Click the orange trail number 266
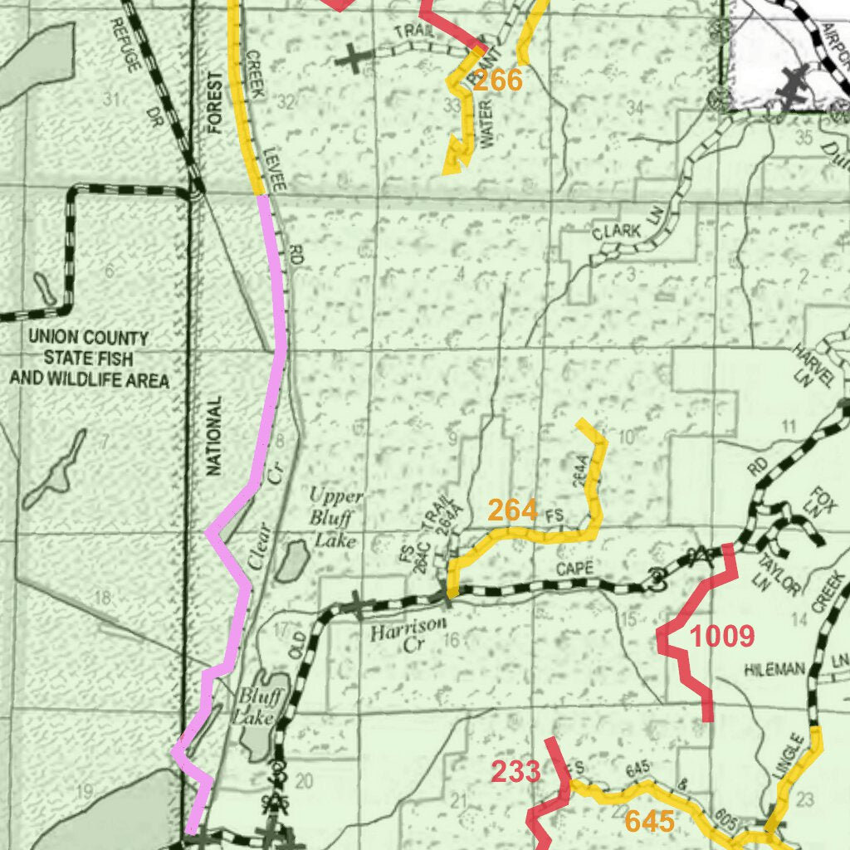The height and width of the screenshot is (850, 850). tap(498, 81)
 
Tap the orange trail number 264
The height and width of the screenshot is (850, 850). tap(512, 510)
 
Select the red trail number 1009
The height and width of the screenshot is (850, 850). tap(722, 637)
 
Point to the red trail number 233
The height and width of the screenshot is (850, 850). tap(515, 772)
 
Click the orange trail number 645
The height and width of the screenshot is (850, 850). tap(649, 822)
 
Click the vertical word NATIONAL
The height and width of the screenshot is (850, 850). tap(215, 435)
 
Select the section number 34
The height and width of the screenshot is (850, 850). tap(635, 107)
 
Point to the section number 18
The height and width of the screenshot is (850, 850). tap(103, 598)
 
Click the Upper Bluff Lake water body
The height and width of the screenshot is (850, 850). tap(291, 562)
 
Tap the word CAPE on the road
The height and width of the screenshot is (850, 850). tap(574, 569)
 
